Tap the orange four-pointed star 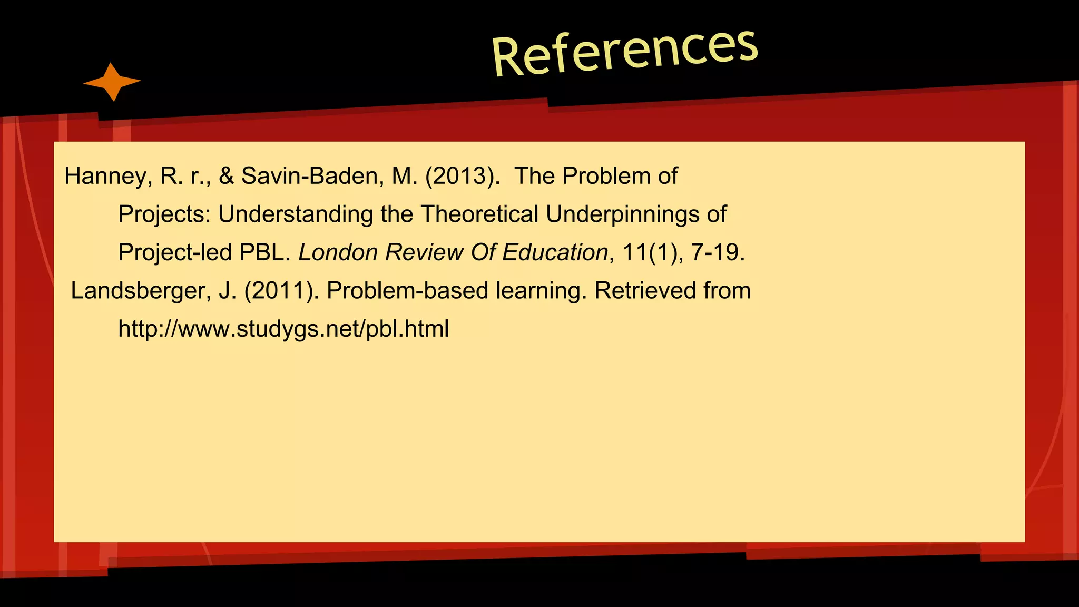coord(112,82)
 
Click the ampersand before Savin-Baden coord(226,176)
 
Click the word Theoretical coord(479,214)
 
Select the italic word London coord(338,252)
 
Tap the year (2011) coord(281,291)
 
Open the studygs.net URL coord(283,329)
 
